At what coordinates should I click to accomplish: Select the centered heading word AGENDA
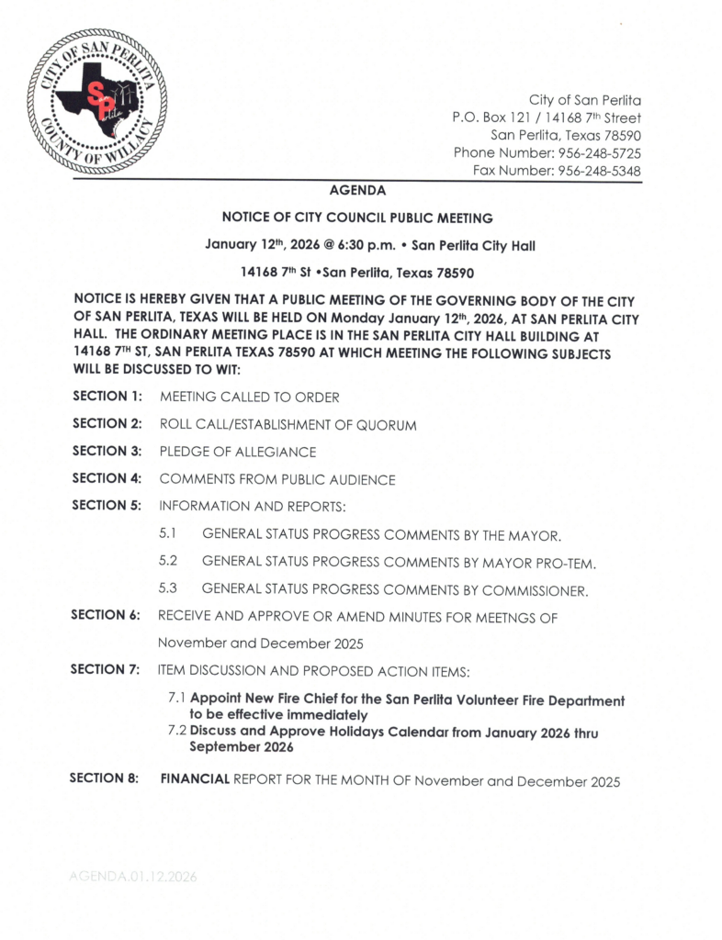click(x=357, y=191)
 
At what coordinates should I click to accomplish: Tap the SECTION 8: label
click(x=105, y=779)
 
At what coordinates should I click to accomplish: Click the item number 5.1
click(x=167, y=532)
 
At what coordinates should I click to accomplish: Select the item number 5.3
click(x=167, y=587)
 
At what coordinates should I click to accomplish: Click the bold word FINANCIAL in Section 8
click(x=195, y=779)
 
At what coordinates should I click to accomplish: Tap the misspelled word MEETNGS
click(x=505, y=617)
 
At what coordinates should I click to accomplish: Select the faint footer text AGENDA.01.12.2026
click(x=132, y=877)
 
